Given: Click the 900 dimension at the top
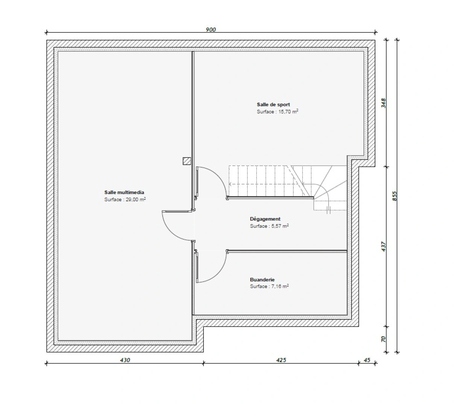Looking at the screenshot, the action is point(211,30).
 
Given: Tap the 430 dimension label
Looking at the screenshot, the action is point(125,360).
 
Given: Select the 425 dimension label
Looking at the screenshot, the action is point(281,360).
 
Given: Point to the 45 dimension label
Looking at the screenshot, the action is point(367,360).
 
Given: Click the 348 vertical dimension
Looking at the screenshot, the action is point(383,103).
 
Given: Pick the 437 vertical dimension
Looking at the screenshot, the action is point(383,247).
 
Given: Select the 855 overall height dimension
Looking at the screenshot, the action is point(394,196).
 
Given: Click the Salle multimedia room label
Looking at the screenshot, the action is point(124,192).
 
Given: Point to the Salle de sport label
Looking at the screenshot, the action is point(273,105).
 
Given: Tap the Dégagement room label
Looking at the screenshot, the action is point(265,219).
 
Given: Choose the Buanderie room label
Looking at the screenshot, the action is point(262,280).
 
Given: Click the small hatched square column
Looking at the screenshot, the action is point(187,161).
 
